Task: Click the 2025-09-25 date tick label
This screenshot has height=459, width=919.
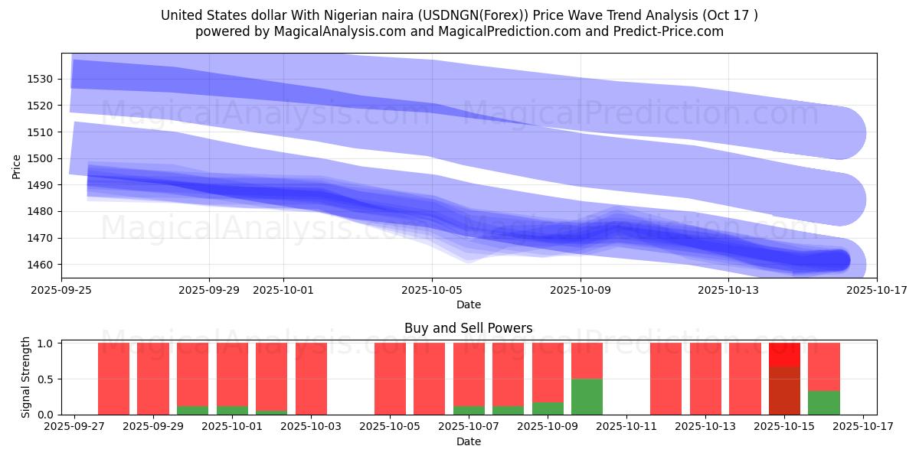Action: pyautogui.click(x=61, y=290)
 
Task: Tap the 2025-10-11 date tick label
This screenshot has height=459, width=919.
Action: pyautogui.click(x=626, y=427)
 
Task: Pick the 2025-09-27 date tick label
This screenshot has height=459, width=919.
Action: pyautogui.click(x=74, y=427)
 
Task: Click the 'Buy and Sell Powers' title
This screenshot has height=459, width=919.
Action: pyautogui.click(x=468, y=328)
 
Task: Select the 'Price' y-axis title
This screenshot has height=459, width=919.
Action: pyautogui.click(x=17, y=166)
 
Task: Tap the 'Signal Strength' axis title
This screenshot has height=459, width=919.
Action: pyautogui.click(x=26, y=377)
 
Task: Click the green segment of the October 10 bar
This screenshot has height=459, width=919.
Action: pyautogui.click(x=587, y=396)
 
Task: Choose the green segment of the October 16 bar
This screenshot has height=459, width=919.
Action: pyautogui.click(x=824, y=402)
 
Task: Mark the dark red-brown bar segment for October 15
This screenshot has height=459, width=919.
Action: pyautogui.click(x=784, y=390)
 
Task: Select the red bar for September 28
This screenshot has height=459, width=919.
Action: pyautogui.click(x=113, y=379)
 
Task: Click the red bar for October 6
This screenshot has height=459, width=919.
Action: pyautogui.click(x=429, y=379)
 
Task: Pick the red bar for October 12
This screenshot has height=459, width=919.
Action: pyautogui.click(x=666, y=379)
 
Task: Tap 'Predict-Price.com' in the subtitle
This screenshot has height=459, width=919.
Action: pyautogui.click(x=673, y=31)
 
